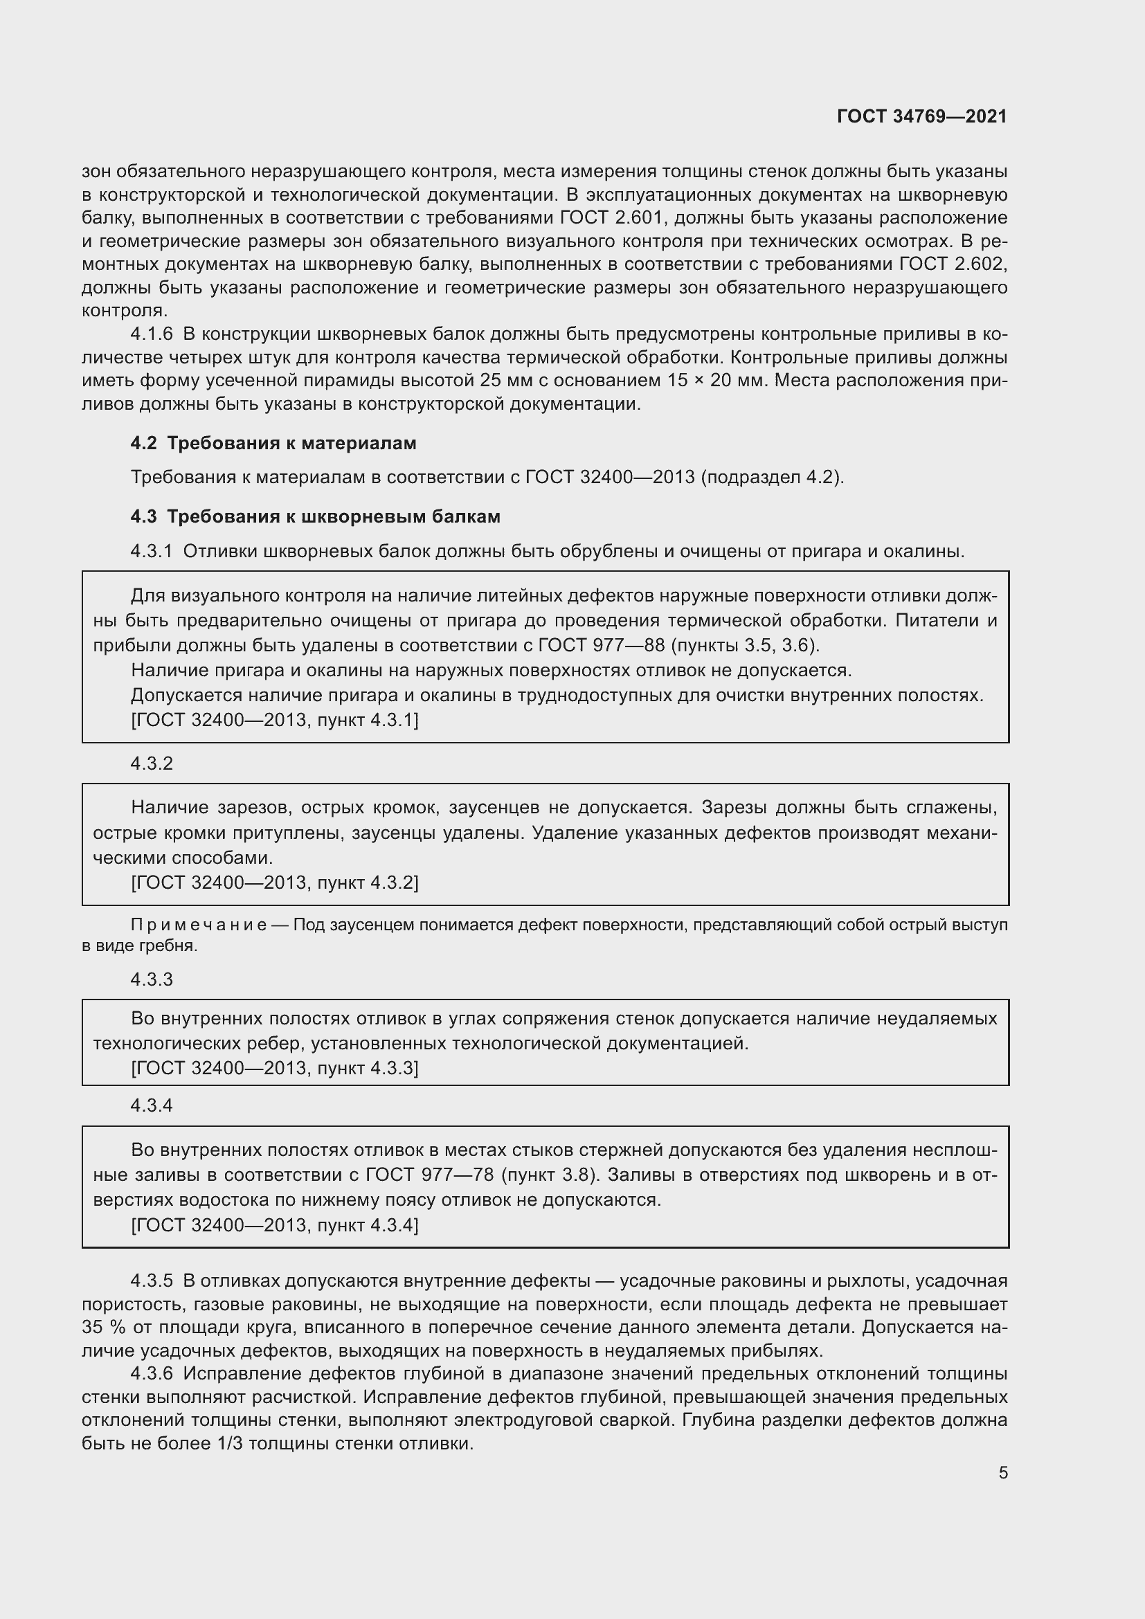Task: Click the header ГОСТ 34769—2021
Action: (x=921, y=117)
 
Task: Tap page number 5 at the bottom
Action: (x=1002, y=1472)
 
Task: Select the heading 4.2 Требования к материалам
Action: (x=273, y=444)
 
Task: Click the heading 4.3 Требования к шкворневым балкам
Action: (x=315, y=517)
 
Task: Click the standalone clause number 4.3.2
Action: (x=152, y=763)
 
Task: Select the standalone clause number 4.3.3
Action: (x=152, y=979)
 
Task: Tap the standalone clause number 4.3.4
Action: (x=152, y=1105)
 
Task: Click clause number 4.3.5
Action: (x=152, y=1281)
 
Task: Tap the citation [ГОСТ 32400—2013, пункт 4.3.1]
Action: (x=274, y=720)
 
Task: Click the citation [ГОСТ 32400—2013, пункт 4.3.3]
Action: (x=274, y=1068)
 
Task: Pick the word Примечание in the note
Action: (x=198, y=925)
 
